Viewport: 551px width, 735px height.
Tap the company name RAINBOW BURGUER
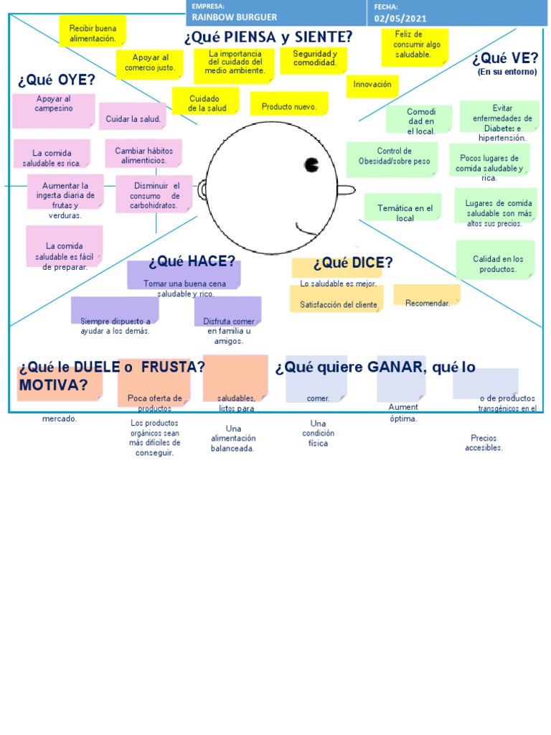(235, 17)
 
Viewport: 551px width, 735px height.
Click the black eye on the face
(312, 165)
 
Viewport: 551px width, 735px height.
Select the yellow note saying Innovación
(372, 85)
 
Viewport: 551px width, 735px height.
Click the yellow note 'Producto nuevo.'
(288, 106)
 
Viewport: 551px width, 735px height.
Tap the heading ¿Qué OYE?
(57, 79)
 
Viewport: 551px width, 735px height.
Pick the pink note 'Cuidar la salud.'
(133, 118)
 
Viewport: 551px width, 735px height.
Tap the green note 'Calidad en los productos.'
(497, 263)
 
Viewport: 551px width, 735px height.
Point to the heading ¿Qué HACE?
(192, 262)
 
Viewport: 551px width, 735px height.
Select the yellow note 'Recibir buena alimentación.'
(92, 33)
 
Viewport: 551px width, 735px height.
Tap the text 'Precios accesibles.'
(484, 443)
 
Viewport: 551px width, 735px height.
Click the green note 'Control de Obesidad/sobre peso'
(394, 156)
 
